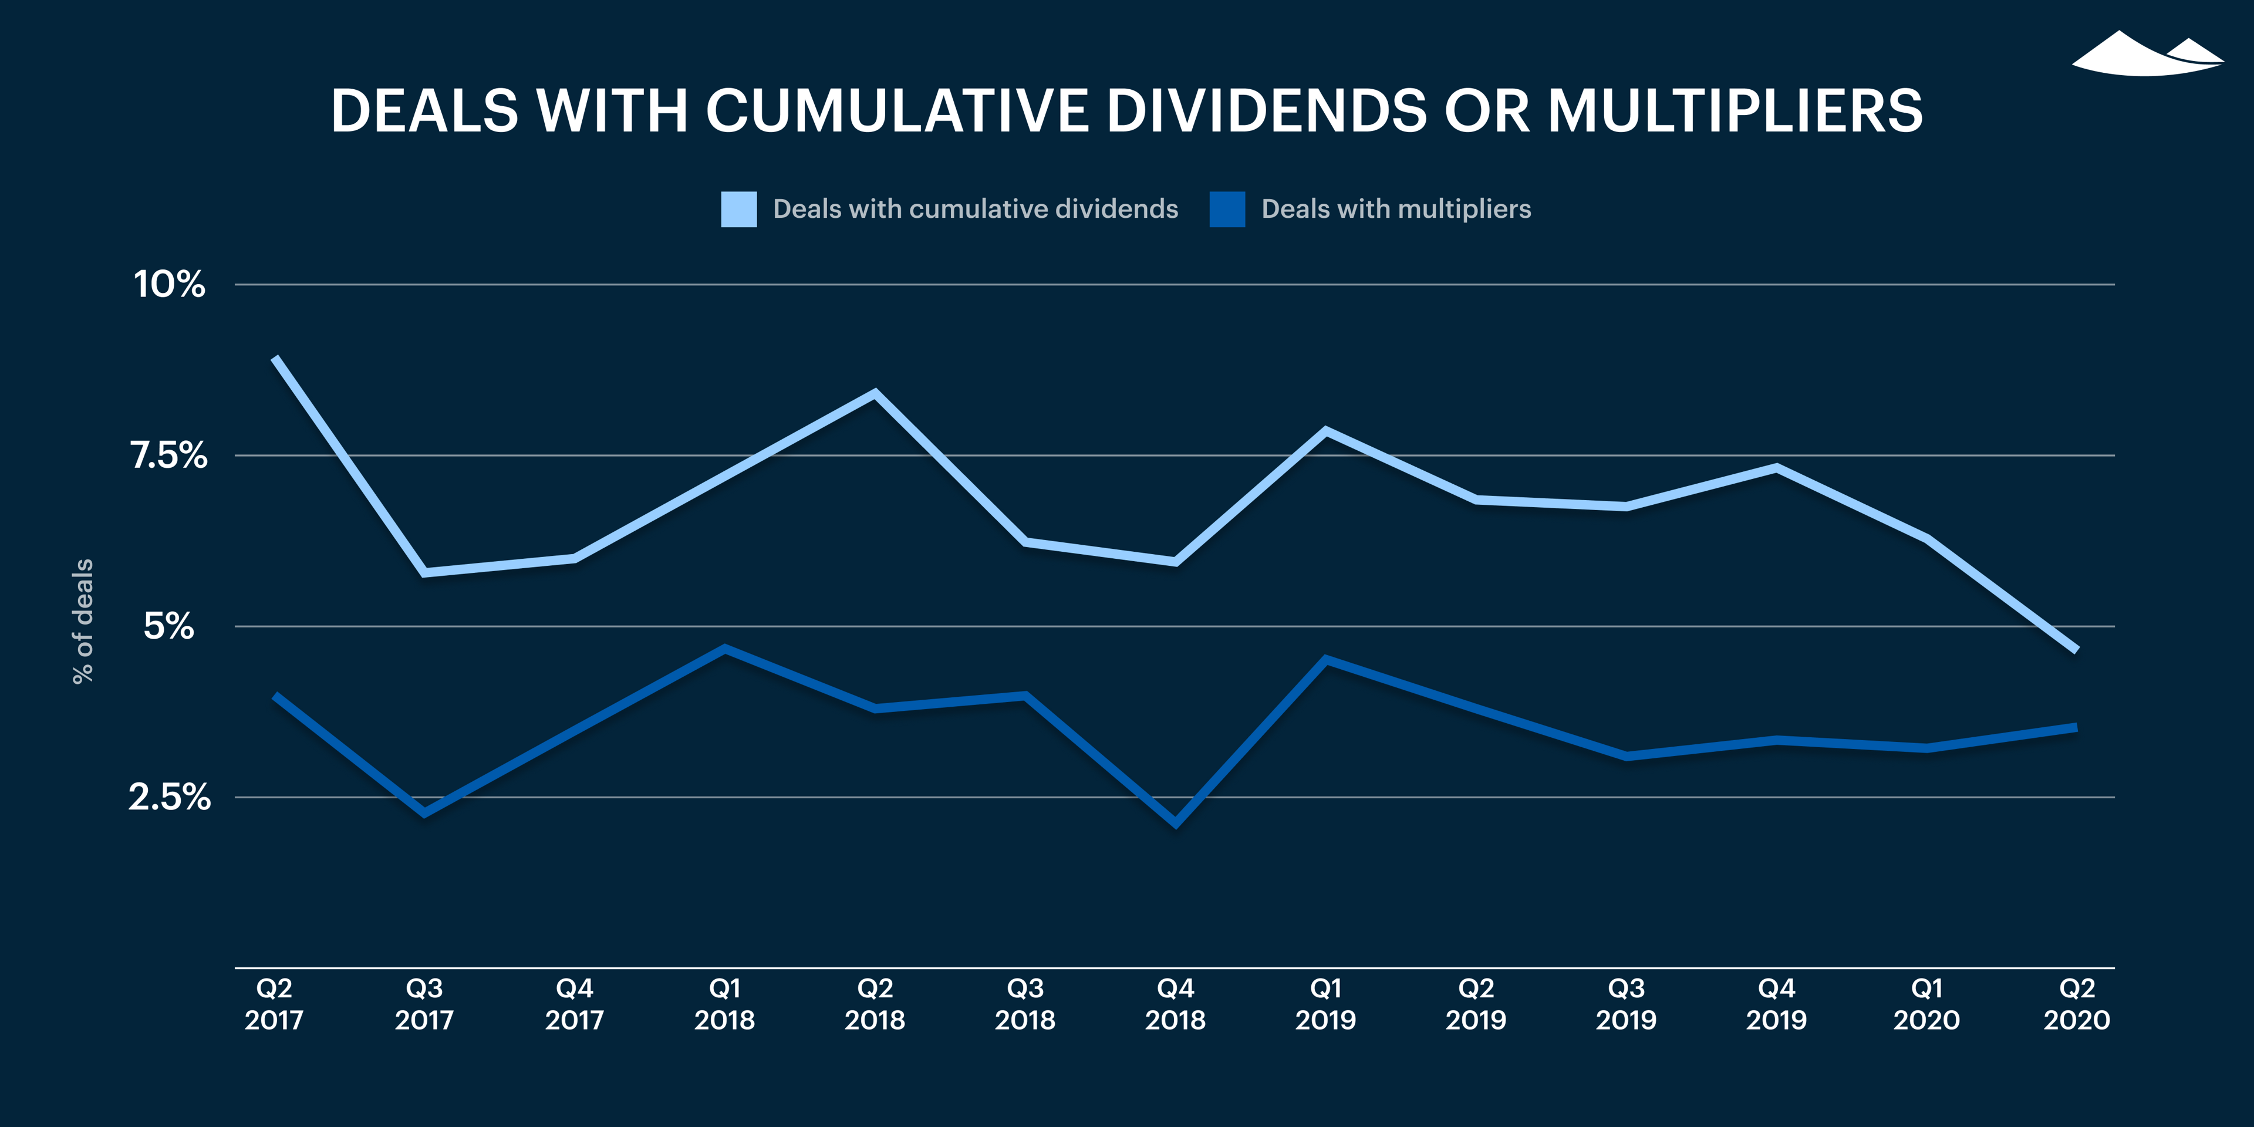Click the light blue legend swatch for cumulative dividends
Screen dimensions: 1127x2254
click(738, 209)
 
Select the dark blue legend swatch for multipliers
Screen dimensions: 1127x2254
click(1227, 209)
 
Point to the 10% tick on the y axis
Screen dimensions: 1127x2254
click(169, 284)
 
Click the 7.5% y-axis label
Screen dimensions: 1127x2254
click(169, 455)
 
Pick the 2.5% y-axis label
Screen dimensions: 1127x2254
click(169, 797)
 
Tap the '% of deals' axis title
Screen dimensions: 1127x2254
click(82, 621)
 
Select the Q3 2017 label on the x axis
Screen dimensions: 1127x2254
click(424, 1004)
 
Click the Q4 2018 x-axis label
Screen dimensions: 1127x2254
click(1175, 1004)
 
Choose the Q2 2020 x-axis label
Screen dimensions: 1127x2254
click(2076, 1004)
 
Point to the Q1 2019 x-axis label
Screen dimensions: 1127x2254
click(1325, 1004)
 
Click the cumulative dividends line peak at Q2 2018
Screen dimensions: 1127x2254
click(875, 393)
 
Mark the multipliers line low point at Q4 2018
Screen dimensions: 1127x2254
click(1175, 822)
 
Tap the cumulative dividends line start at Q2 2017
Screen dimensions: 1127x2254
click(276, 359)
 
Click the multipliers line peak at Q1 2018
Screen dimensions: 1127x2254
click(724, 649)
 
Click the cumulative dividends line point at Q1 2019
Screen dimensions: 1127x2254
click(1325, 430)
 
